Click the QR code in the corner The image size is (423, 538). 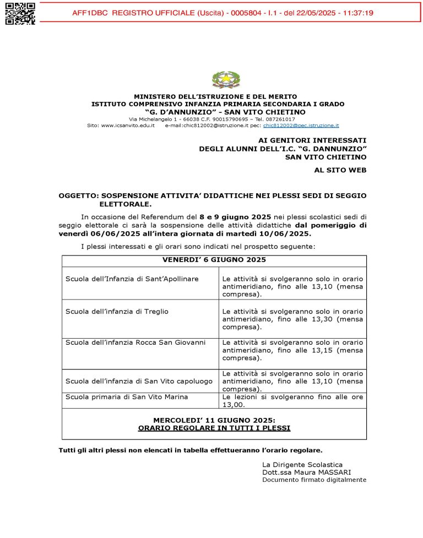coord(20,13)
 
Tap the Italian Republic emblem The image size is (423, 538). coord(226,80)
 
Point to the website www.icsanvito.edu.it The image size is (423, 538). coord(128,126)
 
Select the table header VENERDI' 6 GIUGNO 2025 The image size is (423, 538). coord(214,259)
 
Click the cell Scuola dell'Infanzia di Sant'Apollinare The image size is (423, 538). coord(132,279)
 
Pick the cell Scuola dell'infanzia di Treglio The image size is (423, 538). coord(117,311)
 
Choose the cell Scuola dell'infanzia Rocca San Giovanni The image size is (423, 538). coord(135,343)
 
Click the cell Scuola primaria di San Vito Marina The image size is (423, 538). coord(127,396)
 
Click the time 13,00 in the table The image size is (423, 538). coord(234,405)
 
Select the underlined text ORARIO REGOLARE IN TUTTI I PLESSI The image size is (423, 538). coord(214,428)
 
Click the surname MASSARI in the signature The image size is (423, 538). coord(334,472)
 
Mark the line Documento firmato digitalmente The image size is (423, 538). coord(314,480)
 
